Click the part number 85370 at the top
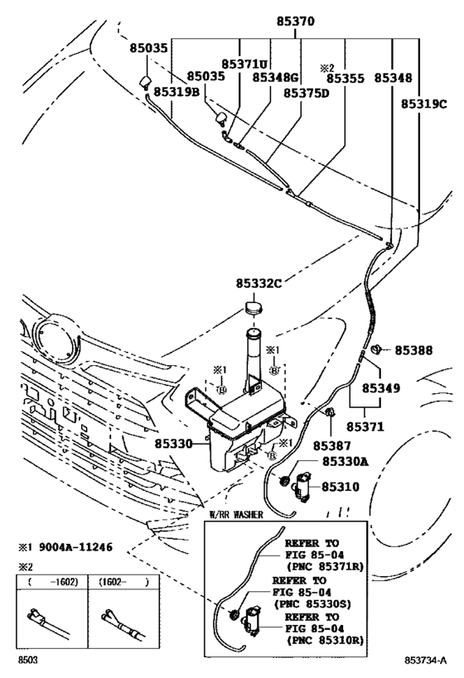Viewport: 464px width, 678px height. coord(296,22)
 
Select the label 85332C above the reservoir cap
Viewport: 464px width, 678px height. coord(259,283)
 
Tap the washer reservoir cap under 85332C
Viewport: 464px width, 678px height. coord(254,307)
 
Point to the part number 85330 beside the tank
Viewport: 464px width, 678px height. coord(174,443)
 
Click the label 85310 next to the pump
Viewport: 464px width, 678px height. coord(341,487)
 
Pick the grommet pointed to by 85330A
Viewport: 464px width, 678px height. coord(285,480)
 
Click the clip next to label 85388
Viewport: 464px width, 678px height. coord(377,349)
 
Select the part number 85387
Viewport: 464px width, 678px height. coord(332,446)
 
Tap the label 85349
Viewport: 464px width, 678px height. coord(381,388)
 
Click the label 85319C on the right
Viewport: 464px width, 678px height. coord(423,103)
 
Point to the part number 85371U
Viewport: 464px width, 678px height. coord(244,64)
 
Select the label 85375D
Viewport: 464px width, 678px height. coord(307,93)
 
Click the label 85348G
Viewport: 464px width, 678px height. coord(276,77)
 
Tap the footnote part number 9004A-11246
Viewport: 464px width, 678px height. coord(75,547)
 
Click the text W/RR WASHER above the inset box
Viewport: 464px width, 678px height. coord(236,515)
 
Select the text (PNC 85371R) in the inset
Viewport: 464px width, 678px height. coord(325,566)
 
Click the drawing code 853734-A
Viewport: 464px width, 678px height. coord(426,660)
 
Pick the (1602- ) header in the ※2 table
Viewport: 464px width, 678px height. coord(123,582)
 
